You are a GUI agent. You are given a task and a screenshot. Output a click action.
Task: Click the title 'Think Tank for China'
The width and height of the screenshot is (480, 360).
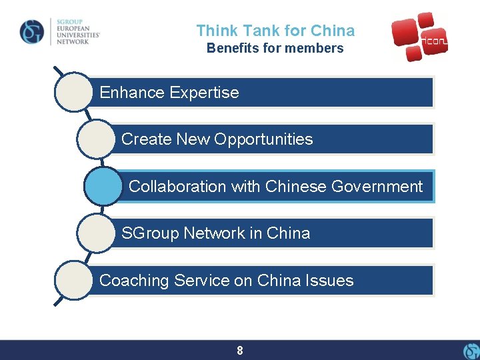(x=275, y=31)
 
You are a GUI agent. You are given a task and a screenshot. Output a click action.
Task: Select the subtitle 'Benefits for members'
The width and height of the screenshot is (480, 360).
(x=275, y=48)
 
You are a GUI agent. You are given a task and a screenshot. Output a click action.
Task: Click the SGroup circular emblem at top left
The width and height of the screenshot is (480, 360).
(x=32, y=31)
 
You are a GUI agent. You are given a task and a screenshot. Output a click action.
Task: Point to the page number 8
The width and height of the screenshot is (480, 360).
(x=240, y=350)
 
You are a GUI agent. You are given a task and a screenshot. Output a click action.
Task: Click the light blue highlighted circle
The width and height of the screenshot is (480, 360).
(x=104, y=186)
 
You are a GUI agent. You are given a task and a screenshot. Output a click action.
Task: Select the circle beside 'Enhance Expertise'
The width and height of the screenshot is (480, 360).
(x=74, y=92)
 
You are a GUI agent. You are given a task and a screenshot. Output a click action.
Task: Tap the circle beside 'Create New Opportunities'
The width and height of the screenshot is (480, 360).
(x=96, y=139)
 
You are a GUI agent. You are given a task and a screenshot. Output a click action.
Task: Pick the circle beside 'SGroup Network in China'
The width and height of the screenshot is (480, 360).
(x=96, y=233)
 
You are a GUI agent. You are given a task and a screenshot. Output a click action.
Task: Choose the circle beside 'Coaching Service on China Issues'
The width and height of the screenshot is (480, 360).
(x=74, y=280)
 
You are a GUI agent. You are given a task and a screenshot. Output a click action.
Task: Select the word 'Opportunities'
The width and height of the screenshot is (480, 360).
(x=270, y=139)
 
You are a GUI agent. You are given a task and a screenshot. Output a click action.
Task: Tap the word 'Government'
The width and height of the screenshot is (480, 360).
(x=379, y=187)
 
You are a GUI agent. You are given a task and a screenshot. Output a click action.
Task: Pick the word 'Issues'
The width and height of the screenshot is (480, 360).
(x=331, y=281)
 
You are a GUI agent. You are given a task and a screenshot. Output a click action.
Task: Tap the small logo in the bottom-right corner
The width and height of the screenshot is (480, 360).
(x=471, y=351)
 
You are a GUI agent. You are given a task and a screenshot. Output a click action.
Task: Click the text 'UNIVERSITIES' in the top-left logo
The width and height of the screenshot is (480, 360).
(x=76, y=34)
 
